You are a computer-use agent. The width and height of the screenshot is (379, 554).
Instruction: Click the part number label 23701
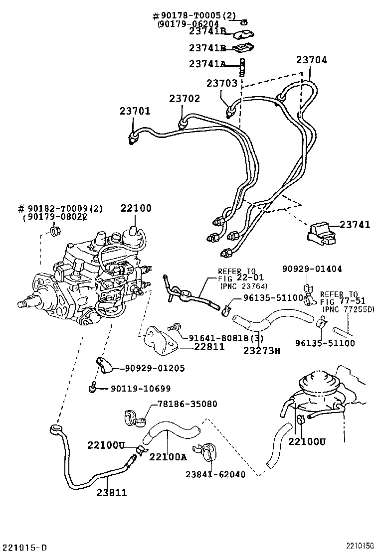point(135,111)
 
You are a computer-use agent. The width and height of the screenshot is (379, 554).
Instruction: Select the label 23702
point(184,99)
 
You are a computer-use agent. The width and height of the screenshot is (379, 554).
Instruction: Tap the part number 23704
point(312,60)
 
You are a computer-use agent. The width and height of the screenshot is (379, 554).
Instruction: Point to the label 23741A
point(207,64)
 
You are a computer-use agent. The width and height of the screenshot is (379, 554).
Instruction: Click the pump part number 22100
point(136,208)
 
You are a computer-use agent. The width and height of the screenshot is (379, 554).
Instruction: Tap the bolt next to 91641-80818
point(174,328)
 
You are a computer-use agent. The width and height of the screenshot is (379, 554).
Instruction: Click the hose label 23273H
point(262,350)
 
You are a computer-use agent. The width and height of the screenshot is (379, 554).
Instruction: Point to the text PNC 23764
point(243,286)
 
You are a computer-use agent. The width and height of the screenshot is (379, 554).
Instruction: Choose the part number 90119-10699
point(141,389)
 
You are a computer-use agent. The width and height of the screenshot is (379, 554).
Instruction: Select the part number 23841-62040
point(216,474)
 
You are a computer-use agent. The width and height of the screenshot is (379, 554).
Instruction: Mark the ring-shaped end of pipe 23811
point(56,429)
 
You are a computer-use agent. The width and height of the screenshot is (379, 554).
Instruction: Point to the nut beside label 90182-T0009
point(56,231)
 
